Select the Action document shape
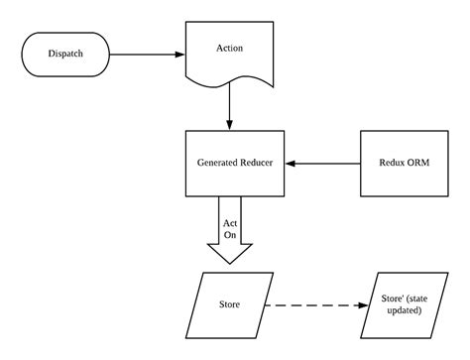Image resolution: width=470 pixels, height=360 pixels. (230, 55)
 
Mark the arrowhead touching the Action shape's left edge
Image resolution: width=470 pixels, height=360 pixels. (181, 54)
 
